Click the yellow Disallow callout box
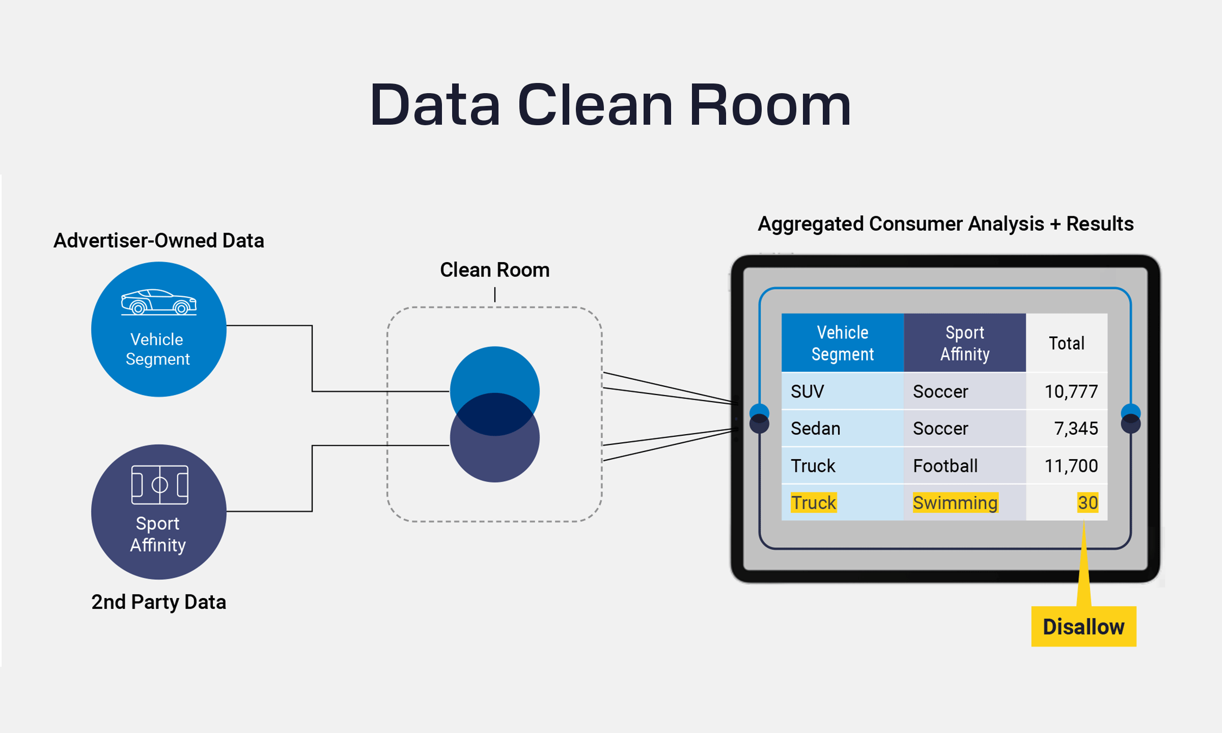click(x=1084, y=626)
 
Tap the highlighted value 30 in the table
click(x=1087, y=502)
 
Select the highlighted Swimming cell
click(x=955, y=502)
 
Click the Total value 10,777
click(x=1071, y=391)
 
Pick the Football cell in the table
click(x=945, y=466)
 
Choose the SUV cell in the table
click(x=807, y=391)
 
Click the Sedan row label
click(x=815, y=429)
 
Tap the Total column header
click(x=1066, y=343)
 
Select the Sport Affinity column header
click(x=964, y=343)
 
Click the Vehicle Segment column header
click(x=842, y=343)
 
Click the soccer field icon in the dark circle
click(x=159, y=485)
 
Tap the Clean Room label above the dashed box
click(x=494, y=270)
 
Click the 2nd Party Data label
click(x=158, y=602)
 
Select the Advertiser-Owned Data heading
click(x=158, y=240)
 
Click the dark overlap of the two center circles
click(x=494, y=414)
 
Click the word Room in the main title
click(x=770, y=105)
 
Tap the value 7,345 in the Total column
click(x=1075, y=429)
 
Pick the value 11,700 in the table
click(x=1071, y=466)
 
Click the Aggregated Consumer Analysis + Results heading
click(x=946, y=224)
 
